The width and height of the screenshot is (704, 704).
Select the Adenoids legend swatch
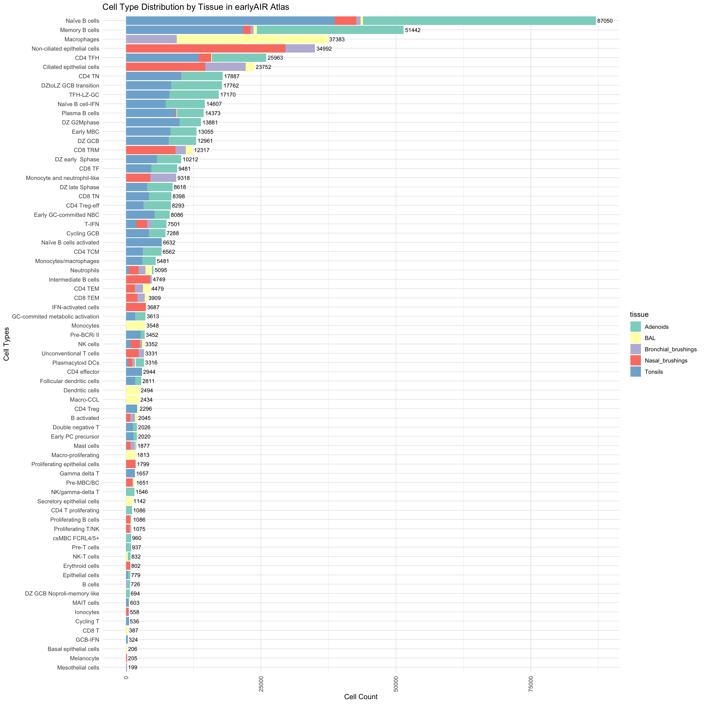click(635, 327)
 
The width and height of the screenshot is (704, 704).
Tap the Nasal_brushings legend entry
click(666, 360)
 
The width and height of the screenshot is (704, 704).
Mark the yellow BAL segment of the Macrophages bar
click(252, 39)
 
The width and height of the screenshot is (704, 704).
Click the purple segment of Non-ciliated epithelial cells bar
click(300, 48)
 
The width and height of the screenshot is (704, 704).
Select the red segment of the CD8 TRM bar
click(151, 150)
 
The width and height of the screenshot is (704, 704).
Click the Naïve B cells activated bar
click(143, 242)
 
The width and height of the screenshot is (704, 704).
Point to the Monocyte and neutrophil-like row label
click(62, 178)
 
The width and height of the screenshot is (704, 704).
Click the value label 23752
click(263, 67)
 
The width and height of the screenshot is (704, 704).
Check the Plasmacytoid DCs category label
click(76, 363)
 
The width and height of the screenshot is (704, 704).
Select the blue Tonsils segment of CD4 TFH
click(162, 58)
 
